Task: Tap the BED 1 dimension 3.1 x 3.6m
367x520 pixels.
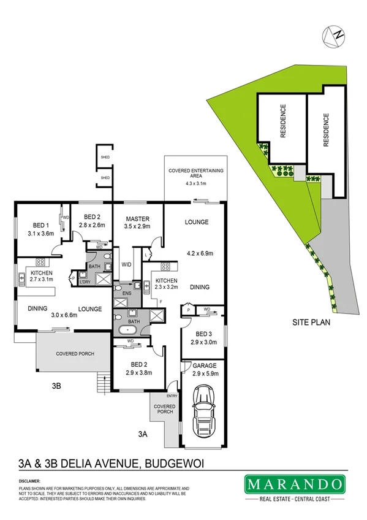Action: (x=42, y=233)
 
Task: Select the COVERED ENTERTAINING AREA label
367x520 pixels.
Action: (x=197, y=172)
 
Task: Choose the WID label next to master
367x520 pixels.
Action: (x=127, y=264)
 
